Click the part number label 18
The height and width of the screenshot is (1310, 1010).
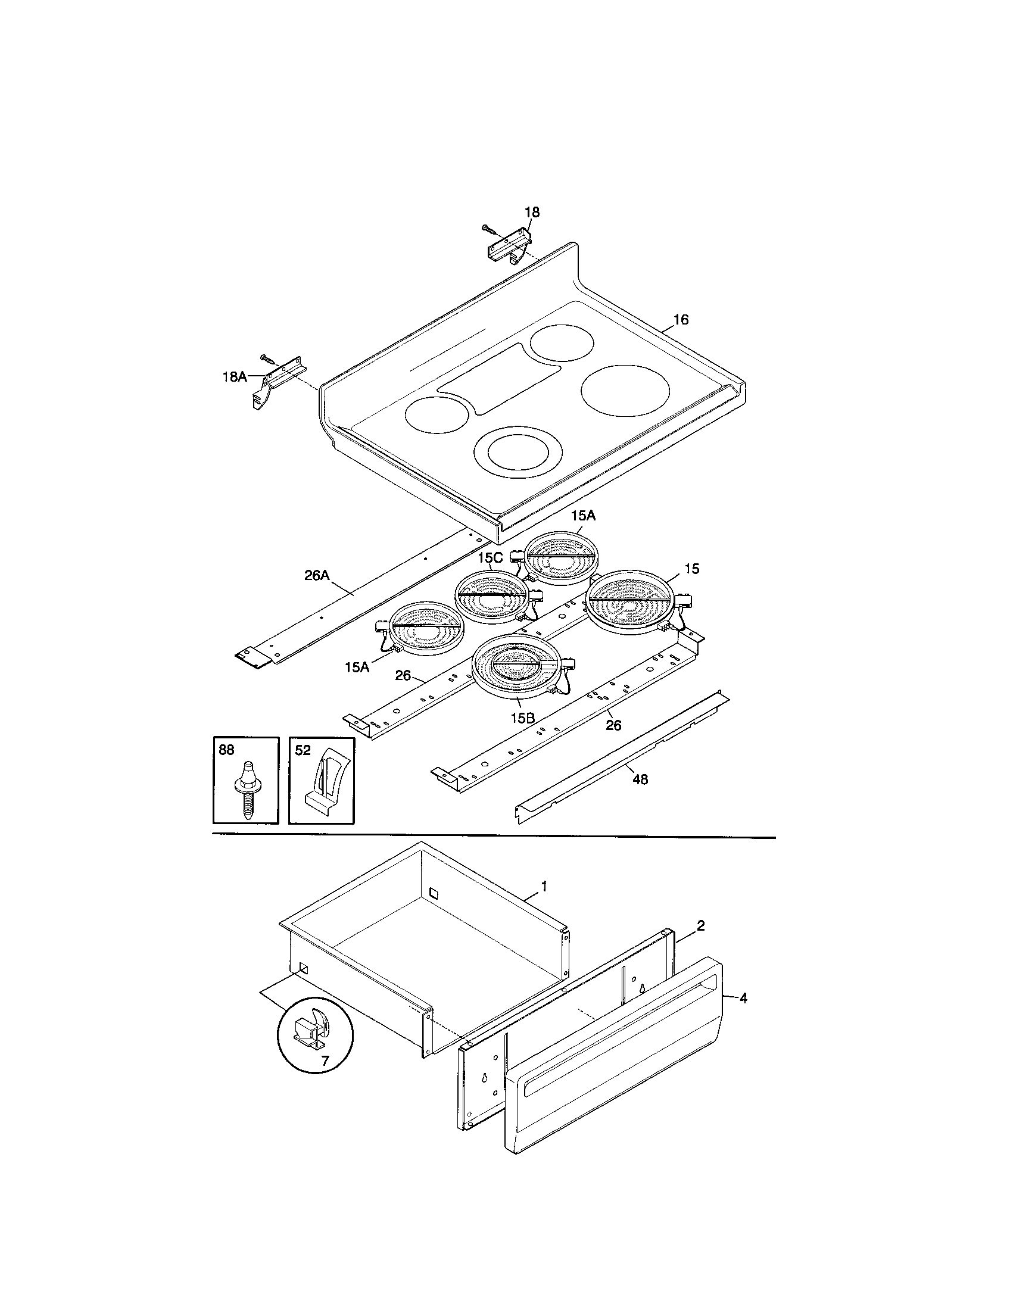[531, 213]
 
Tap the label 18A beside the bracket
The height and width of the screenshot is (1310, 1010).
[235, 377]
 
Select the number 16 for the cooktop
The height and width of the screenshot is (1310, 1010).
[681, 320]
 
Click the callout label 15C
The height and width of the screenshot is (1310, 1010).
[490, 557]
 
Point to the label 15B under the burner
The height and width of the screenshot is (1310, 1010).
[519, 718]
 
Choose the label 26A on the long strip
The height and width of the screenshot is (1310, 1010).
[317, 575]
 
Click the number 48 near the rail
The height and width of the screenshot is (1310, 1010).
[640, 779]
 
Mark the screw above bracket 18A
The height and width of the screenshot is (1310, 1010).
[267, 358]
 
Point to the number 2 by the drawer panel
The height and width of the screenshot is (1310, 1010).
[700, 925]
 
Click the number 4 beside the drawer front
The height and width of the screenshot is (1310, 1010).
[743, 999]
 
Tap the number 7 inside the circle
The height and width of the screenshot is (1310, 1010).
[325, 1061]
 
